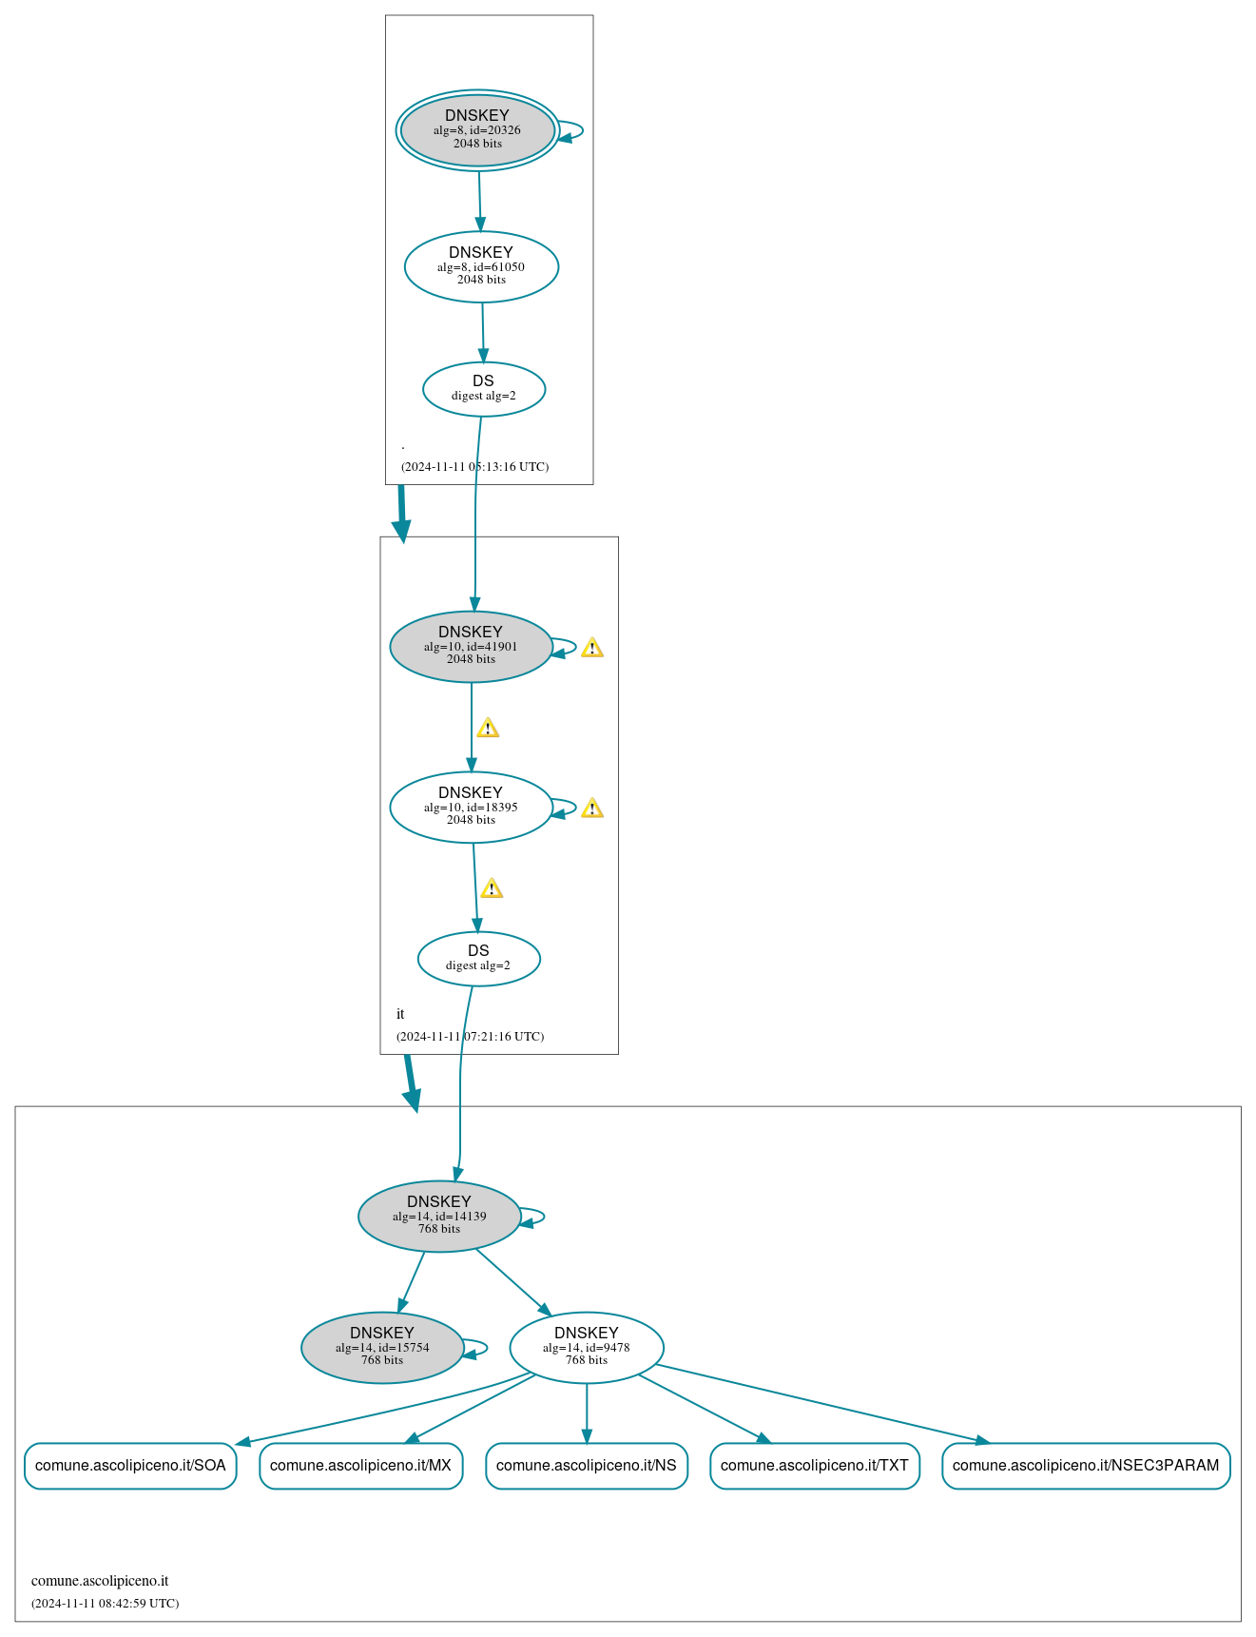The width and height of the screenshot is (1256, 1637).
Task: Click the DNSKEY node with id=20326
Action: pos(477,130)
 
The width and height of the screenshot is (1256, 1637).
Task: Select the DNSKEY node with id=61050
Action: pos(481,266)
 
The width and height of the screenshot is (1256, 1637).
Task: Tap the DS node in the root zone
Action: pos(483,388)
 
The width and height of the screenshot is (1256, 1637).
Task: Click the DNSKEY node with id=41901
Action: pos(471,646)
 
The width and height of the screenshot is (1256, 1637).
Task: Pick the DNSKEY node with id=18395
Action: pos(471,807)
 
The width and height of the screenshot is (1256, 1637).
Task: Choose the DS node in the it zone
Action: pos(478,958)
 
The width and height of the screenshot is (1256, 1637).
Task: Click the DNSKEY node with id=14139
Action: pos(439,1216)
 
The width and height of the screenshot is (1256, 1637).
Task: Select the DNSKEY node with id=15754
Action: pos(382,1347)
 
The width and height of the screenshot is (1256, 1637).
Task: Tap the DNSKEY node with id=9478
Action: pos(587,1347)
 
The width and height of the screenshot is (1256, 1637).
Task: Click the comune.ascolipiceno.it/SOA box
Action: pos(130,1465)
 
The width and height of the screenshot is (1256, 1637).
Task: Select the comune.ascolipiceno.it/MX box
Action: pos(360,1465)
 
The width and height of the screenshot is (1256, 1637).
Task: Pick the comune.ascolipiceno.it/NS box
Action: pos(586,1465)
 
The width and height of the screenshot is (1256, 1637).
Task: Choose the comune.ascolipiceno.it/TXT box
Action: pos(814,1465)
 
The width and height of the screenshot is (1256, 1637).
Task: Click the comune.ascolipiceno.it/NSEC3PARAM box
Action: pos(1085,1465)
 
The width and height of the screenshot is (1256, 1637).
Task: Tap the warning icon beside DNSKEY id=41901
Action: pos(592,648)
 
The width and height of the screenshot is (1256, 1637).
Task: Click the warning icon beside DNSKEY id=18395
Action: pos(592,809)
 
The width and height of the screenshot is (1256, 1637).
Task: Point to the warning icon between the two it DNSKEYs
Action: pos(488,729)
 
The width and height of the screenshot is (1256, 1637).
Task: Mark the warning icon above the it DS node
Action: pos(492,888)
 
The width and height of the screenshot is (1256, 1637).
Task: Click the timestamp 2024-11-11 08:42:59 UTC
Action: pos(105,1603)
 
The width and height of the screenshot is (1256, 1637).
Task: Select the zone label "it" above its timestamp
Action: pos(400,1014)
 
